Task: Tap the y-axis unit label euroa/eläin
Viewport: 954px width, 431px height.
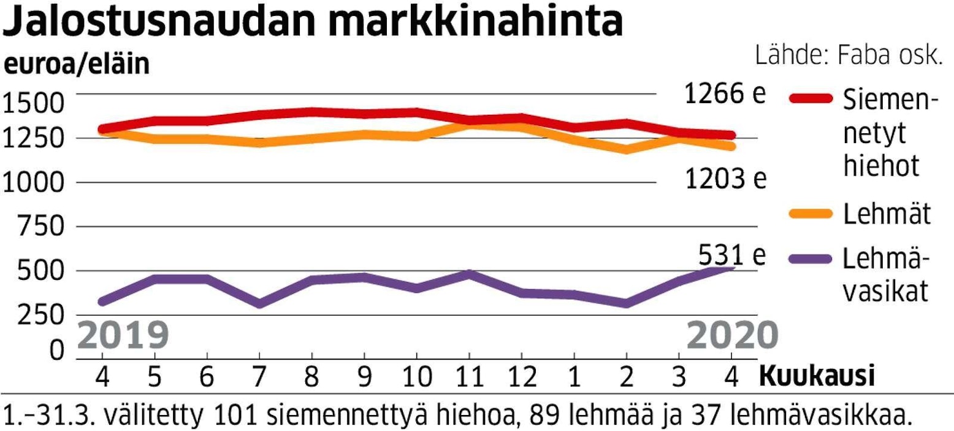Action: pos(77,65)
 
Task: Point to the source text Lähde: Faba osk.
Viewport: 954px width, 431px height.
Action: pos(849,56)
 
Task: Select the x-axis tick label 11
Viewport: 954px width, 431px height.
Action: pos(469,376)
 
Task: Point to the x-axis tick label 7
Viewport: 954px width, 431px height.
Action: pos(260,376)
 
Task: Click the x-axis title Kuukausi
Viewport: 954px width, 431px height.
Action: pos(817,376)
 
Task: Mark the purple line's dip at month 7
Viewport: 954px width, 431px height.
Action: pos(260,303)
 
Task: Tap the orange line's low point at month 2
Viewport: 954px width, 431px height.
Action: pos(626,149)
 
